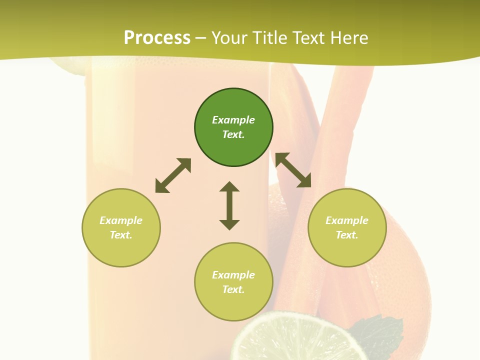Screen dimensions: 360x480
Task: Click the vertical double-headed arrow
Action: (x=229, y=205)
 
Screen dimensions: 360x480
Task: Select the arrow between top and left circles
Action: (x=173, y=175)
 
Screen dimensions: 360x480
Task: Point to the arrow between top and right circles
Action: (x=293, y=170)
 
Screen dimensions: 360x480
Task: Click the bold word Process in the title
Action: (x=157, y=38)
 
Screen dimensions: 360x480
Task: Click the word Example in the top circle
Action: (x=233, y=120)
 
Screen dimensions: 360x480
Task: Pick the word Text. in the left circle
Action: (x=121, y=235)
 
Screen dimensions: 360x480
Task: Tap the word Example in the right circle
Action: (x=347, y=220)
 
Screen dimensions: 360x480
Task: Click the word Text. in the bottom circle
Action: (x=233, y=289)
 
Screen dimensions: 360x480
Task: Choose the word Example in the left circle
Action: (x=121, y=220)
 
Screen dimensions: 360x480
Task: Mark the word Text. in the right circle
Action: (x=347, y=235)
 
